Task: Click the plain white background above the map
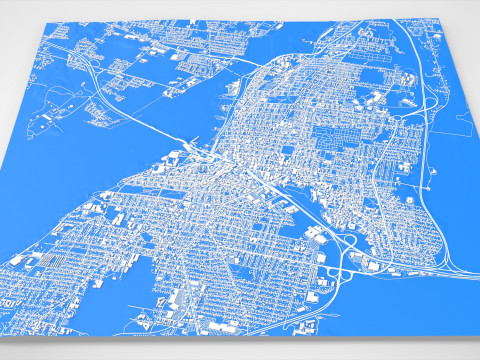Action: pos(240,8)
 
